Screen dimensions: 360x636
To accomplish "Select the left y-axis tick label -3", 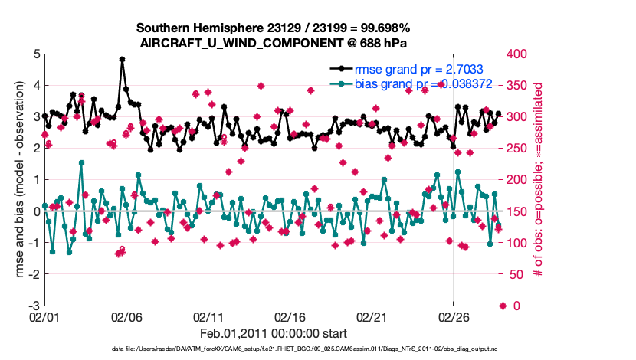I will tap(34, 306).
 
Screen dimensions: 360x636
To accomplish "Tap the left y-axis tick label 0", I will tap(37, 211).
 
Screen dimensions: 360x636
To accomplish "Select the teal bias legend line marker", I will tap(343, 85).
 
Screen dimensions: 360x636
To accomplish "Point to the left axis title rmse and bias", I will tap(17, 180).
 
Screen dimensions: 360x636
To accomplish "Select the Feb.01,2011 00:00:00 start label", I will tap(274, 333).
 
